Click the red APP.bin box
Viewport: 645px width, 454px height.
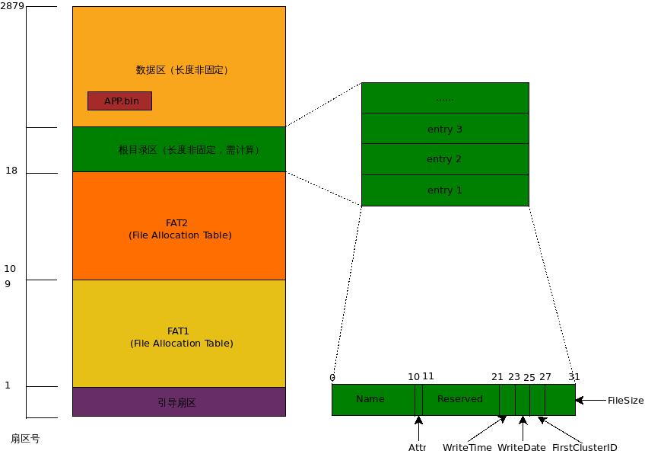[119, 101]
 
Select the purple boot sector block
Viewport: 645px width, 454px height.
[179, 401]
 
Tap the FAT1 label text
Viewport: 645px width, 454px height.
[178, 331]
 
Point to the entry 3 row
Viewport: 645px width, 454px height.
[445, 129]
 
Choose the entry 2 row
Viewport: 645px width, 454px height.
[445, 159]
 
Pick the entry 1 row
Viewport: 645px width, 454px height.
[445, 190]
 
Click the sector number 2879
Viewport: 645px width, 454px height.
[13, 6]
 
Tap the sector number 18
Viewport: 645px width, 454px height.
[11, 171]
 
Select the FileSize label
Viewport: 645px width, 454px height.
[625, 400]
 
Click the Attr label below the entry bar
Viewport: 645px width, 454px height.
[418, 447]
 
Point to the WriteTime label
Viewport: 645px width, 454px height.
[467, 447]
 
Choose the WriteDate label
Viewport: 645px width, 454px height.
[521, 447]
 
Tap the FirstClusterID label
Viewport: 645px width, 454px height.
[584, 447]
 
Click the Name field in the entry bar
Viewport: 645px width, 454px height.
[370, 399]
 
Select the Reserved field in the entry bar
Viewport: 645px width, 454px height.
[460, 399]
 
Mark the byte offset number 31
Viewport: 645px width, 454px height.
[574, 377]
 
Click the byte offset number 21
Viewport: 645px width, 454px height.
[497, 377]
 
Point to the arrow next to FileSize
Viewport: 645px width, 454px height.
[590, 400]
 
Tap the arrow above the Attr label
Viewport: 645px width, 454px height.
[418, 427]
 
